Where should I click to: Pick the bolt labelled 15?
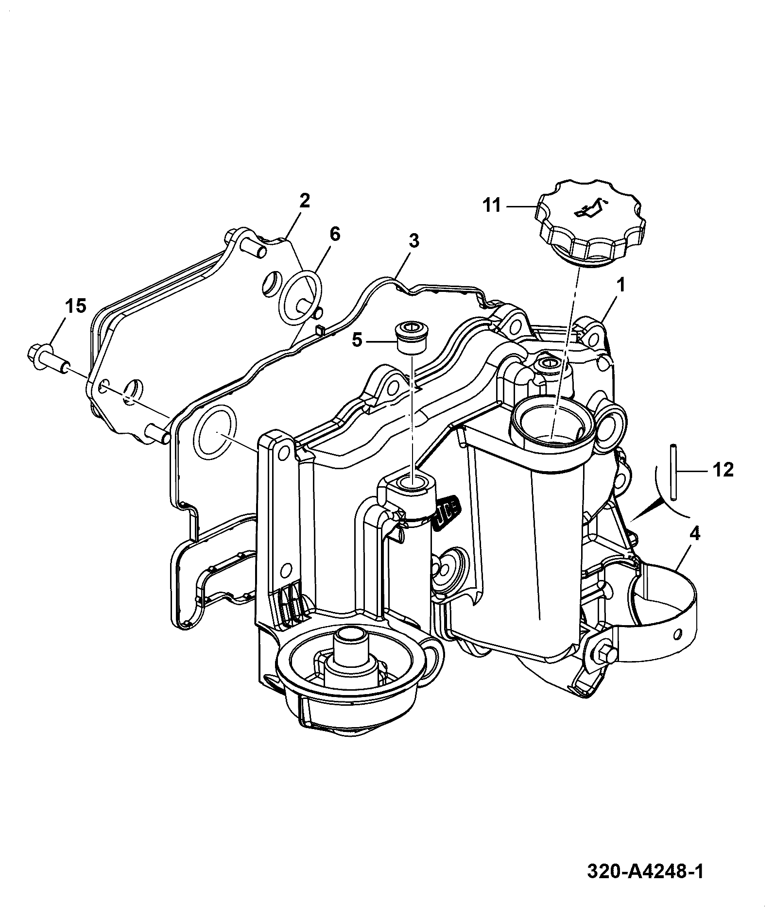pos(49,360)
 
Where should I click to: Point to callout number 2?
pos(304,201)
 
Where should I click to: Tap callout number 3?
pos(413,241)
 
